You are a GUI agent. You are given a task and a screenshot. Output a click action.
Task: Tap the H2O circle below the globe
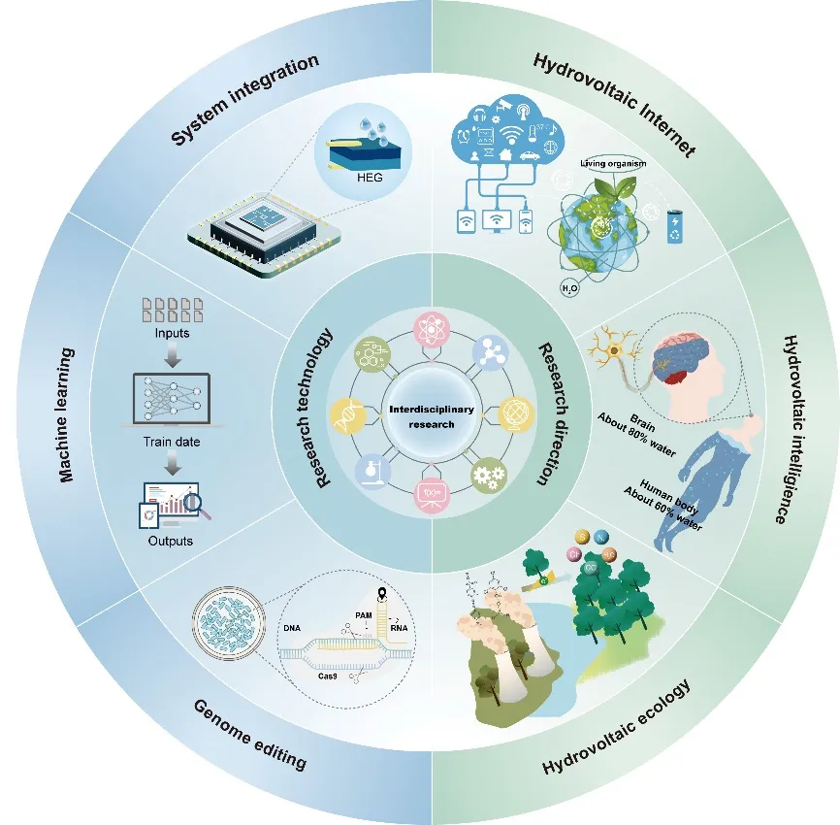click(568, 288)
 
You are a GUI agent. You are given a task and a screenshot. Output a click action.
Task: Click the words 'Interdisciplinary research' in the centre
click(430, 416)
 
